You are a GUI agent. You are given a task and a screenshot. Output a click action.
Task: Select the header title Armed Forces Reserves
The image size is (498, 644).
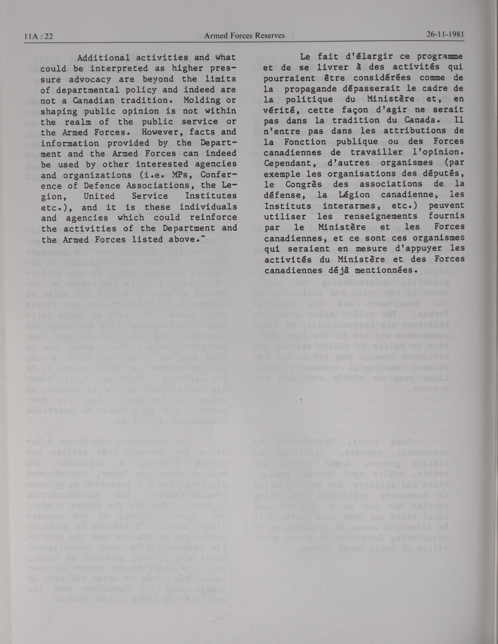(x=244, y=35)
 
